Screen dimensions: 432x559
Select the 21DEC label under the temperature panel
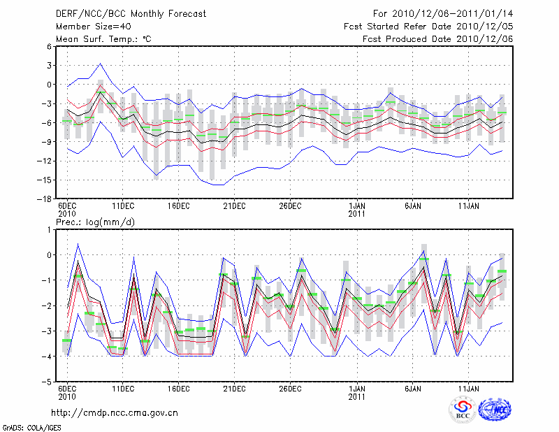234,206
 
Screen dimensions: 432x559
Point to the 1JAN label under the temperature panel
356,206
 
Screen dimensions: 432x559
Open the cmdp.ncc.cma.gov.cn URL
115,412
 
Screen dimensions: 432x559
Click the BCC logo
462,410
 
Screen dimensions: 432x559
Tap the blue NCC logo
495,410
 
